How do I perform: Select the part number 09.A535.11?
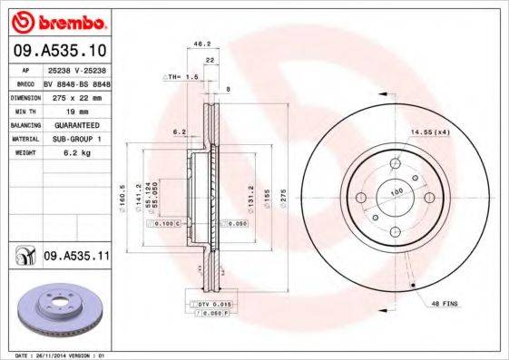point(77,257)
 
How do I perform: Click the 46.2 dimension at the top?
point(203,43)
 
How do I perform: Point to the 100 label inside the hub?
point(396,192)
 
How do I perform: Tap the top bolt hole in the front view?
point(396,163)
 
